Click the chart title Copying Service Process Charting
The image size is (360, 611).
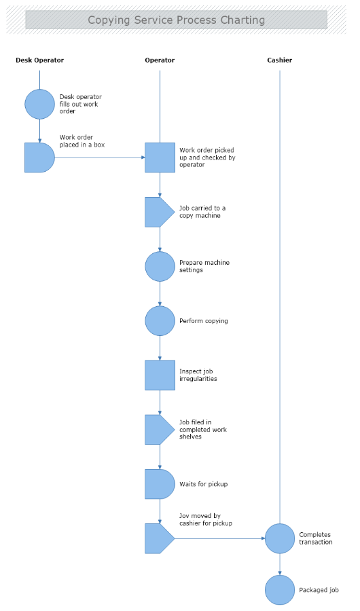[176, 20]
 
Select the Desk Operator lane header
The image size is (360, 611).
[39, 60]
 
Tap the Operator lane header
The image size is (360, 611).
[160, 60]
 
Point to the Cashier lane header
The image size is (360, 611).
[279, 60]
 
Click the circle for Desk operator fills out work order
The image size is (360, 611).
[39, 104]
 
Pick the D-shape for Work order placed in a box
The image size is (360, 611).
[39, 158]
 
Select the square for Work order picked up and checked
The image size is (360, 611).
[160, 158]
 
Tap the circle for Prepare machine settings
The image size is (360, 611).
[160, 266]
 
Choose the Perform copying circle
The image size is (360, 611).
[160, 320]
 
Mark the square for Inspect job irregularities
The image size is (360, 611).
[160, 375]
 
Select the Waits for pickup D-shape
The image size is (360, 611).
[159, 484]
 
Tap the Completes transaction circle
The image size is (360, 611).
[279, 538]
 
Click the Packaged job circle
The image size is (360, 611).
[279, 590]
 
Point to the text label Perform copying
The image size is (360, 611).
[203, 321]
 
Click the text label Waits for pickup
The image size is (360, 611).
[203, 484]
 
